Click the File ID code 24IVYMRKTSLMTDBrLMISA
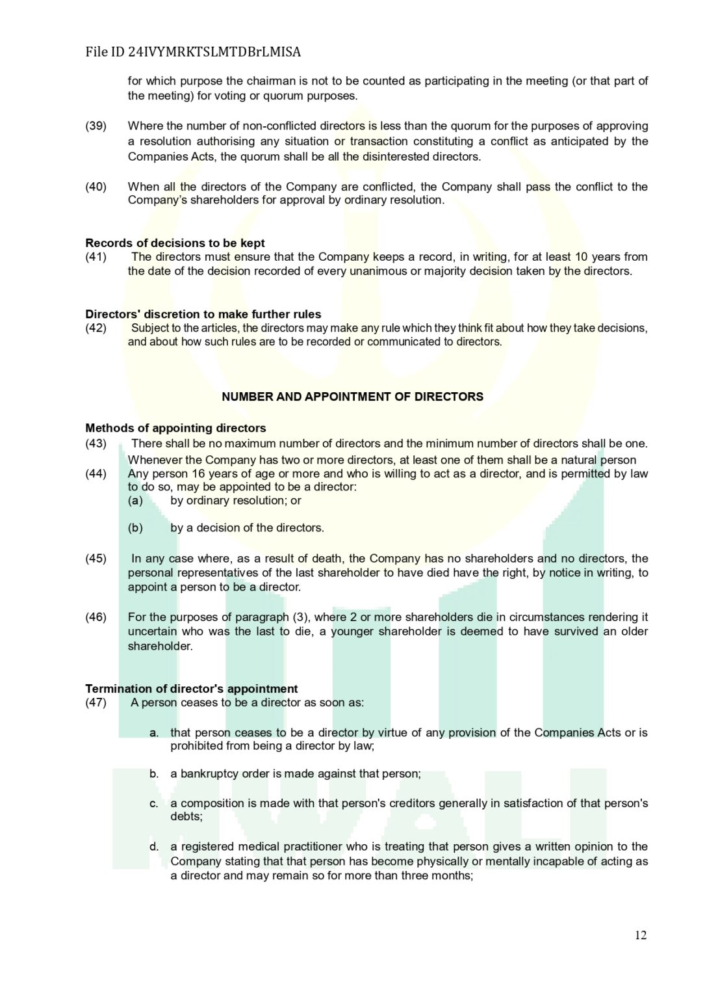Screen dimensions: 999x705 point(214,52)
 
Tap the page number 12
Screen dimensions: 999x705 point(640,935)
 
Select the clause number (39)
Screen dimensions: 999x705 point(96,126)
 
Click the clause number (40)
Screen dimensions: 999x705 point(96,187)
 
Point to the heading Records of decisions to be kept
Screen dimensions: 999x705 point(175,243)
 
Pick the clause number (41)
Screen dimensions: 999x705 point(96,257)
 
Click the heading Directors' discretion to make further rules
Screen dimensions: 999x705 point(203,314)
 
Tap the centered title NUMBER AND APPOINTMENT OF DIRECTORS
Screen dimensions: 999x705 point(352,397)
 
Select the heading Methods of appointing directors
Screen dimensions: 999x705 point(175,428)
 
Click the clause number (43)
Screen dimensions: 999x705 point(96,444)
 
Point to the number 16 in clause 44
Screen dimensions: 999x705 point(198,473)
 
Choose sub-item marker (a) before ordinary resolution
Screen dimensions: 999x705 point(135,500)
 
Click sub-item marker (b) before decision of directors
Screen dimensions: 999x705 point(135,527)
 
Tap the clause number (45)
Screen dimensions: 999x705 point(96,558)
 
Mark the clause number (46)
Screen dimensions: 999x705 point(96,617)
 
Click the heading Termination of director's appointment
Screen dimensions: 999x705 point(191,688)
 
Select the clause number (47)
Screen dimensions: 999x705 point(96,702)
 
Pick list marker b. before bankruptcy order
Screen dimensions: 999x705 point(154,773)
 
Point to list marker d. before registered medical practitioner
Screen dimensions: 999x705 point(154,846)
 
